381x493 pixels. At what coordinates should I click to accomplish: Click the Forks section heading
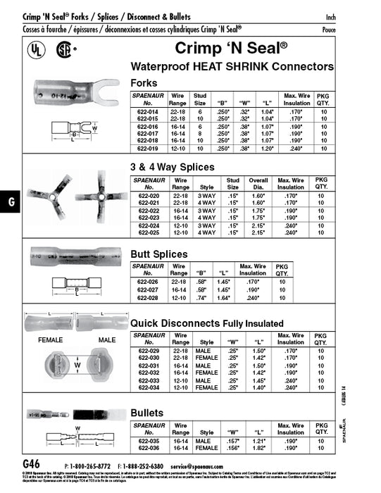(x=145, y=82)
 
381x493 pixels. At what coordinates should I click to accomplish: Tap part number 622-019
(x=149, y=150)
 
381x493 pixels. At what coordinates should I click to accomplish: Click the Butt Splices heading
(x=159, y=254)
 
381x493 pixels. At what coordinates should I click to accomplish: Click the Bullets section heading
(x=147, y=412)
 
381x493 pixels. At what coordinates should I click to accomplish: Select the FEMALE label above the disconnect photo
(x=51, y=339)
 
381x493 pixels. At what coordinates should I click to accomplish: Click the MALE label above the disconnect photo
(x=107, y=339)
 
